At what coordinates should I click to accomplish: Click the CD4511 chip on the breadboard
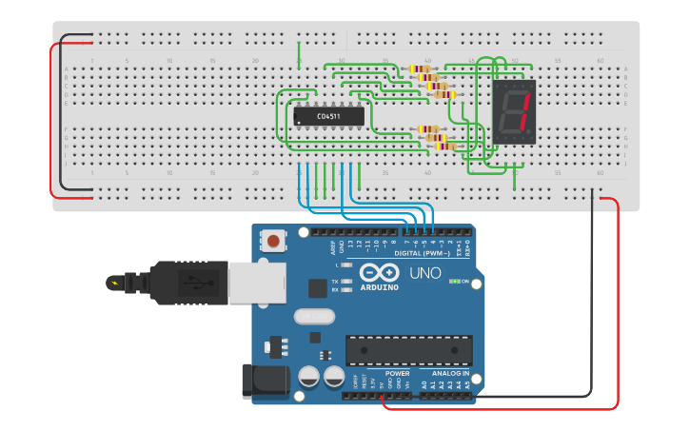(x=328, y=116)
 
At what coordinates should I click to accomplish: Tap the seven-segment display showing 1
(x=514, y=111)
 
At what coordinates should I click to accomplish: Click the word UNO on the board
(x=424, y=273)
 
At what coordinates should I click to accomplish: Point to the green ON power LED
(x=456, y=282)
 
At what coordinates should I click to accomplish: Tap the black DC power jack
(x=265, y=382)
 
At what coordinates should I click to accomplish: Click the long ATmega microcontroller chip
(x=408, y=350)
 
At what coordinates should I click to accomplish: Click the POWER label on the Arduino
(x=397, y=374)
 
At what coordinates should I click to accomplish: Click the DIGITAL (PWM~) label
(x=421, y=253)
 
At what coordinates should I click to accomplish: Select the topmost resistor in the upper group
(x=419, y=69)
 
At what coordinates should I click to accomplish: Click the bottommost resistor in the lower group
(x=444, y=146)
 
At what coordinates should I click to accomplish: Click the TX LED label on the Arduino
(x=335, y=282)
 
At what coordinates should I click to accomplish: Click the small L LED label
(x=337, y=264)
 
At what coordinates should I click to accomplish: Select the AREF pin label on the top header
(x=333, y=246)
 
